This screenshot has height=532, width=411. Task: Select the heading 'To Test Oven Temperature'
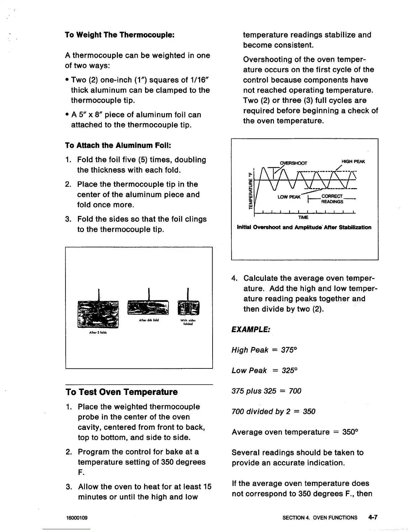pos(122,392)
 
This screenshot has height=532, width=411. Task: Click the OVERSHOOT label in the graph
pos(293,163)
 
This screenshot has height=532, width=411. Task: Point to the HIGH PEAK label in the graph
pos(353,162)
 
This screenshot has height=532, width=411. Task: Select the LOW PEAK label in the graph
pos(289,197)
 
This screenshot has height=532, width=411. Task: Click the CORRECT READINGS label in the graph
pos(332,199)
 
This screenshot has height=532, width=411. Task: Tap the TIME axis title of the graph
pos(303,218)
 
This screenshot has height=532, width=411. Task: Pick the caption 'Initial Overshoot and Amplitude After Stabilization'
pos(304,227)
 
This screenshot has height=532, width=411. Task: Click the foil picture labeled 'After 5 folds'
pos(98,314)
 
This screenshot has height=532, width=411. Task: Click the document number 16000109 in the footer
pos(77,518)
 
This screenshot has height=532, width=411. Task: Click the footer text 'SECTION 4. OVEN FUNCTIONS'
pos(320,518)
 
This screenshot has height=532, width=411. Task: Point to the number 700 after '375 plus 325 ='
pos(295,391)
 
